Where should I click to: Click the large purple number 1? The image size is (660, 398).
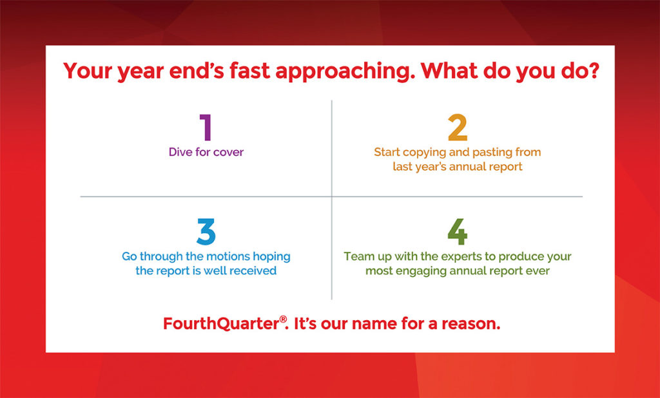pos(206,128)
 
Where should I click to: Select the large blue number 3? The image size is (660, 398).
pos(206,232)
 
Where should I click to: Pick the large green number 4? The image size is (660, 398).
pos(457,232)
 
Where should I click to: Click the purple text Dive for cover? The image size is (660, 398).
pos(206,153)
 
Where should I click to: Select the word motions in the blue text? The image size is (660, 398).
pos(228,256)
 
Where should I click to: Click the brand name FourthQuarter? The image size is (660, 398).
pos(221,323)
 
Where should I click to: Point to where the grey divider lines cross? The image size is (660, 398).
pos(332,196)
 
